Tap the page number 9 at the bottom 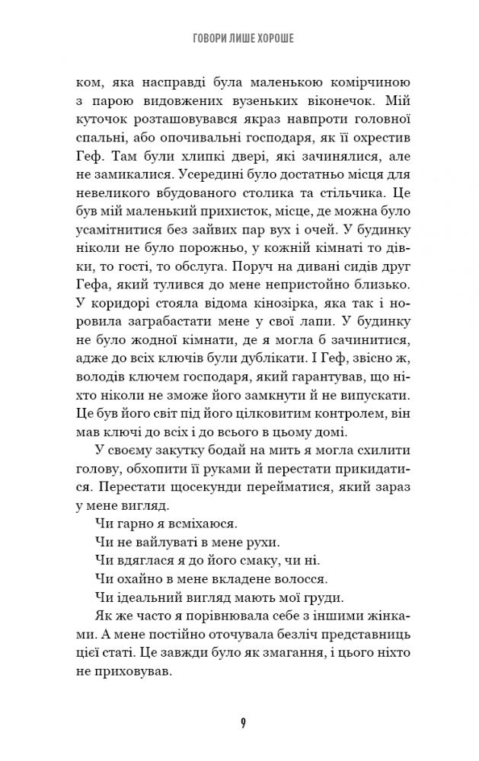pos(241,721)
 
